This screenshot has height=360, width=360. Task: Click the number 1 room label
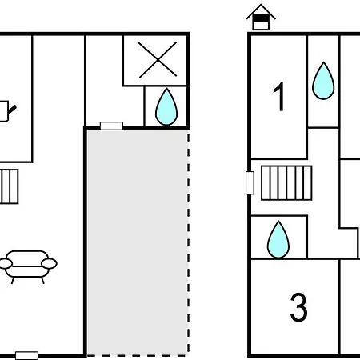coord(279,96)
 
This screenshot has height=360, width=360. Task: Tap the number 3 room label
coord(298,307)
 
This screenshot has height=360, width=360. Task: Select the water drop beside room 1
coord(323,81)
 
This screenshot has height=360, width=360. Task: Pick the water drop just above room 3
coord(278,239)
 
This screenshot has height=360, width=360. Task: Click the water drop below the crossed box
coord(166,106)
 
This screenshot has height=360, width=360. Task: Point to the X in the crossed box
coord(158,60)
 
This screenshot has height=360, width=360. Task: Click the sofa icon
coord(27,266)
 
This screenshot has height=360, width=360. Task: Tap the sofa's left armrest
coord(6,263)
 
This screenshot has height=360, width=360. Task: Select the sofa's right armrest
coord(49,263)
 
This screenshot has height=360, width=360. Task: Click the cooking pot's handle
coord(12,110)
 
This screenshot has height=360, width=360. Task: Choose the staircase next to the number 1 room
coord(286,183)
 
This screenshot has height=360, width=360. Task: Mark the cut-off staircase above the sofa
coord(9,186)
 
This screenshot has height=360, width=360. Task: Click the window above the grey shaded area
coord(111,126)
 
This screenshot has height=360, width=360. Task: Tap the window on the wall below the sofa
coord(26,355)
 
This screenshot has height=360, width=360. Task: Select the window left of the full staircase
coord(250,182)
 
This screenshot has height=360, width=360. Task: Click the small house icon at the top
coord(261,17)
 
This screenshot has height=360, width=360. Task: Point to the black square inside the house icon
coord(261,18)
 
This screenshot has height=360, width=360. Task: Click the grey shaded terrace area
coord(137,242)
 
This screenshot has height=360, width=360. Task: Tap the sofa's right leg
coord(42,280)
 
